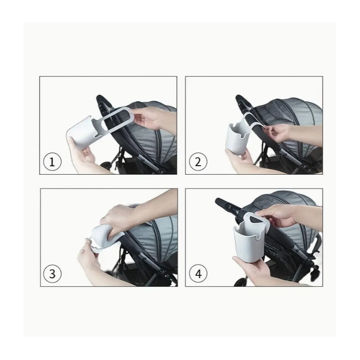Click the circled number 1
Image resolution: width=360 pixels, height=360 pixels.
click(x=52, y=162)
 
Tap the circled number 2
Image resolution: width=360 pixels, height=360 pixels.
click(x=198, y=162)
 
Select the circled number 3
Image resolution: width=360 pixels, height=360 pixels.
click(x=52, y=274)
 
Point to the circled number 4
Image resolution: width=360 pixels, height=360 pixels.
click(x=198, y=274)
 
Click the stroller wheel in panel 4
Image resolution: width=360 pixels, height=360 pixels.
click(x=240, y=282)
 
